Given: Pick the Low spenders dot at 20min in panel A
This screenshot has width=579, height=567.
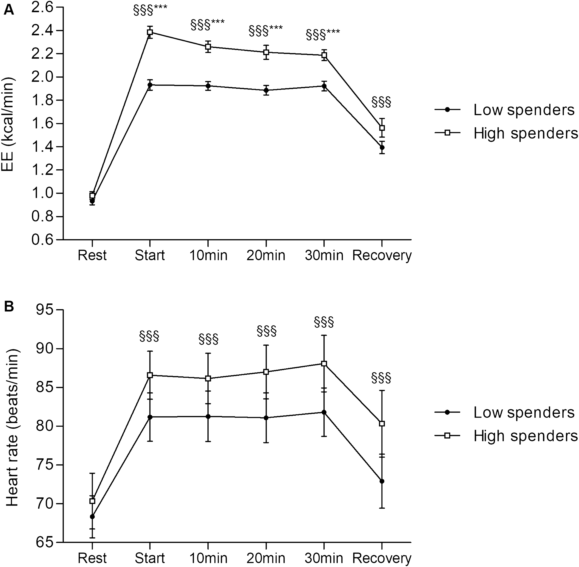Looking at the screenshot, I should [x=266, y=90].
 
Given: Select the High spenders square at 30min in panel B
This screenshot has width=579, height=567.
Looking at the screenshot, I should [x=324, y=363].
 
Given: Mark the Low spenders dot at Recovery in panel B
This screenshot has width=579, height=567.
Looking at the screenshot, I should [x=382, y=481].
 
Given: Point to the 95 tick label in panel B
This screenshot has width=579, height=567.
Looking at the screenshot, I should [x=45, y=310].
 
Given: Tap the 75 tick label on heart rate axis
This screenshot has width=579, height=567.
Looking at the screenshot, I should [x=45, y=465].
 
